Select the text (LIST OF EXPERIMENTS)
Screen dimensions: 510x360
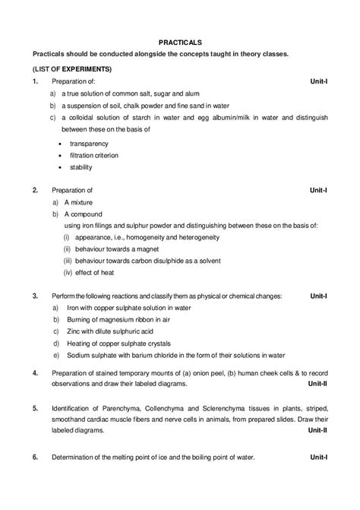[x=68, y=69]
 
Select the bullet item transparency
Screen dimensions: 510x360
[x=90, y=142]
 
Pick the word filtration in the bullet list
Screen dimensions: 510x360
[x=84, y=154]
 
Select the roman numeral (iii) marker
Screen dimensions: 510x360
[x=68, y=261]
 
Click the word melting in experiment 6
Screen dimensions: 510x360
[x=125, y=458]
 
